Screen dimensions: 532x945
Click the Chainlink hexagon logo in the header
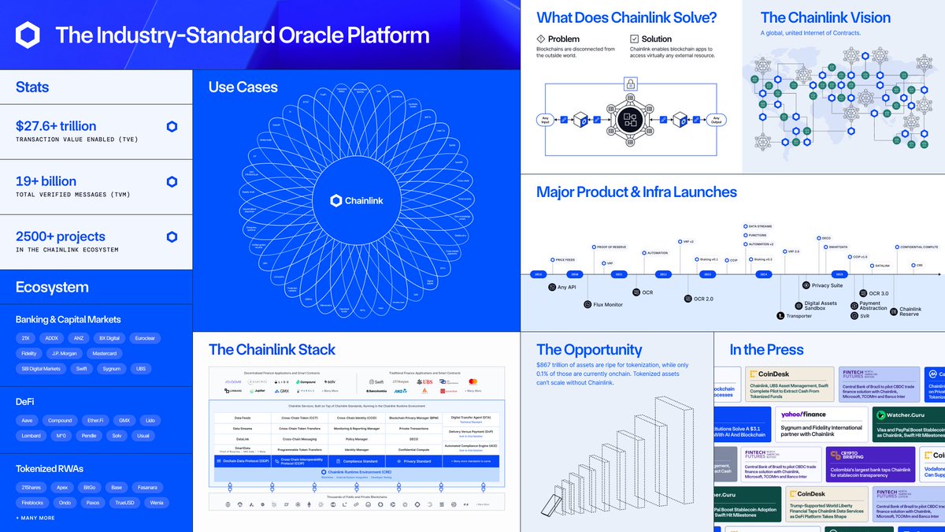pos(28,35)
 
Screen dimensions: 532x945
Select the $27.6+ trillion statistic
pos(56,126)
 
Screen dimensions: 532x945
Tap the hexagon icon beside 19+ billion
pos(172,181)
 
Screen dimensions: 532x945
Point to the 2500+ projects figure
pos(61,236)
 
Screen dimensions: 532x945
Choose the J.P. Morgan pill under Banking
pos(63,354)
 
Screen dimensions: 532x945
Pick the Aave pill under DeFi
pos(26,421)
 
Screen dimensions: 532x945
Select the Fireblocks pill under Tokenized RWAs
pos(31,502)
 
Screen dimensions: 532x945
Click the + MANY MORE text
pos(35,518)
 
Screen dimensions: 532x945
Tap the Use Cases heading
pos(243,87)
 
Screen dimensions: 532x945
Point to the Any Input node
pos(545,119)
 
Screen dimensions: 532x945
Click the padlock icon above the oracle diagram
pos(630,83)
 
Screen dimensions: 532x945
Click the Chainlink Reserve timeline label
pos(910,311)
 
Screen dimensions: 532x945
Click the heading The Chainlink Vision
pos(825,17)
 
